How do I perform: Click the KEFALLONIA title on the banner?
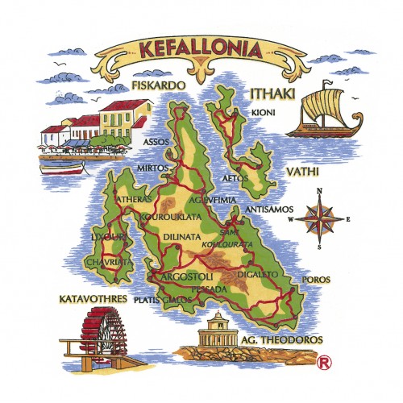coord(200,48)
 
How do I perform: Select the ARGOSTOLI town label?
coord(187,276)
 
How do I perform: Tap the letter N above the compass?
coord(319,191)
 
